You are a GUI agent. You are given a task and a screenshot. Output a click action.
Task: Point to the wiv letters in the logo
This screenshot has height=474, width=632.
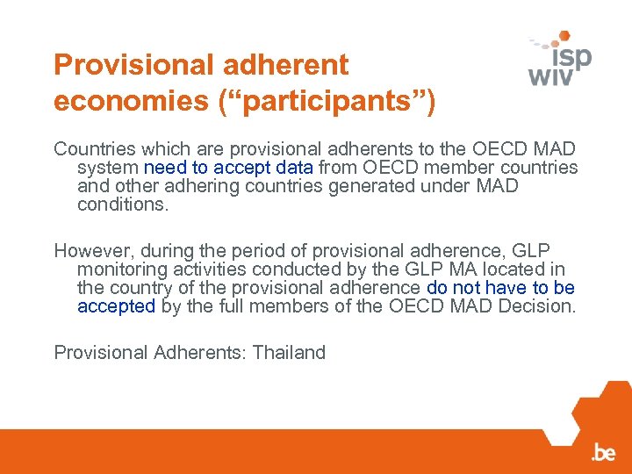point(550,76)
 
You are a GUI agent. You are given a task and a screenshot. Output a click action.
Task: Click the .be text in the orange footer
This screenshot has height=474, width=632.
point(603,453)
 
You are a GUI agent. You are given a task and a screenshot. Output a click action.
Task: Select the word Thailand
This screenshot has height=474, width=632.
point(289,353)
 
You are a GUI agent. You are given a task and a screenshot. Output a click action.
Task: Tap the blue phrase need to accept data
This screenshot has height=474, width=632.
point(228,168)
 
